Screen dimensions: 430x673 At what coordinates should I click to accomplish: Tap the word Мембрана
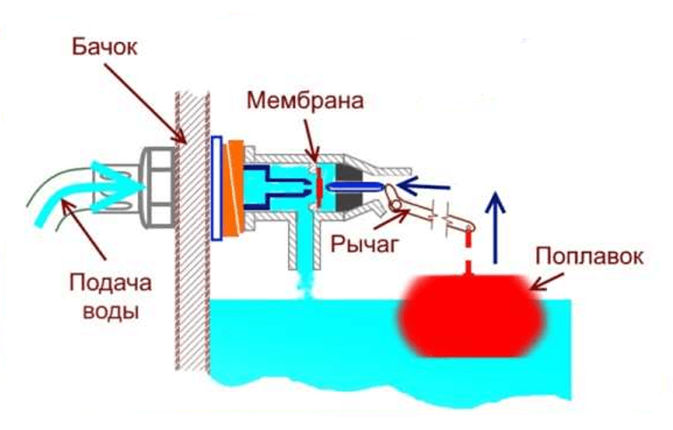pos(306,101)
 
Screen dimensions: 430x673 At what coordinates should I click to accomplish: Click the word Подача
pos(110,283)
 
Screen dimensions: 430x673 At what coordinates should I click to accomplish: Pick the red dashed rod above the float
pos(469,254)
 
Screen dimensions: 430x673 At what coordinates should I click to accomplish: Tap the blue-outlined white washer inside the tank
pos(216,188)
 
